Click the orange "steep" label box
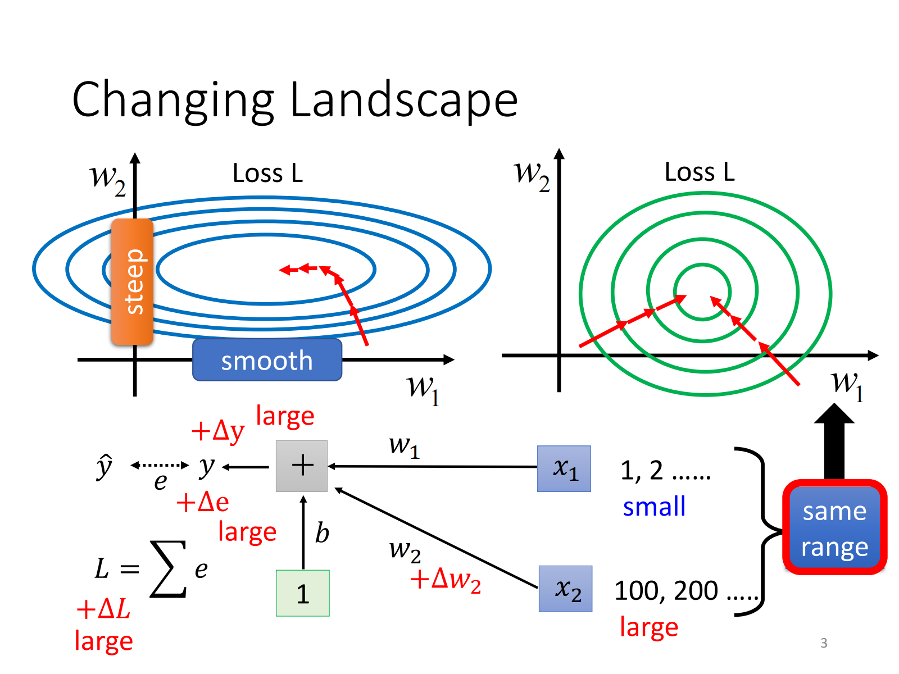(133, 281)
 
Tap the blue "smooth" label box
(267, 360)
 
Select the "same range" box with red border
(834, 527)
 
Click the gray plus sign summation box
(302, 466)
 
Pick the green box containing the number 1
(302, 593)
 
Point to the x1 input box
(564, 468)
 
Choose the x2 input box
(565, 589)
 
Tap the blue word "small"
(654, 507)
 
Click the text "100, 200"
(666, 591)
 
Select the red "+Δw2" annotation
(446, 579)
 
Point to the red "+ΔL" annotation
(103, 609)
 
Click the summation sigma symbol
(167, 568)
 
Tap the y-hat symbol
(104, 466)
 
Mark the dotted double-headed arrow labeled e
(160, 465)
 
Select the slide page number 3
(824, 643)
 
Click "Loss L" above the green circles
(700, 172)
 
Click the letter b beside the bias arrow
(322, 532)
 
